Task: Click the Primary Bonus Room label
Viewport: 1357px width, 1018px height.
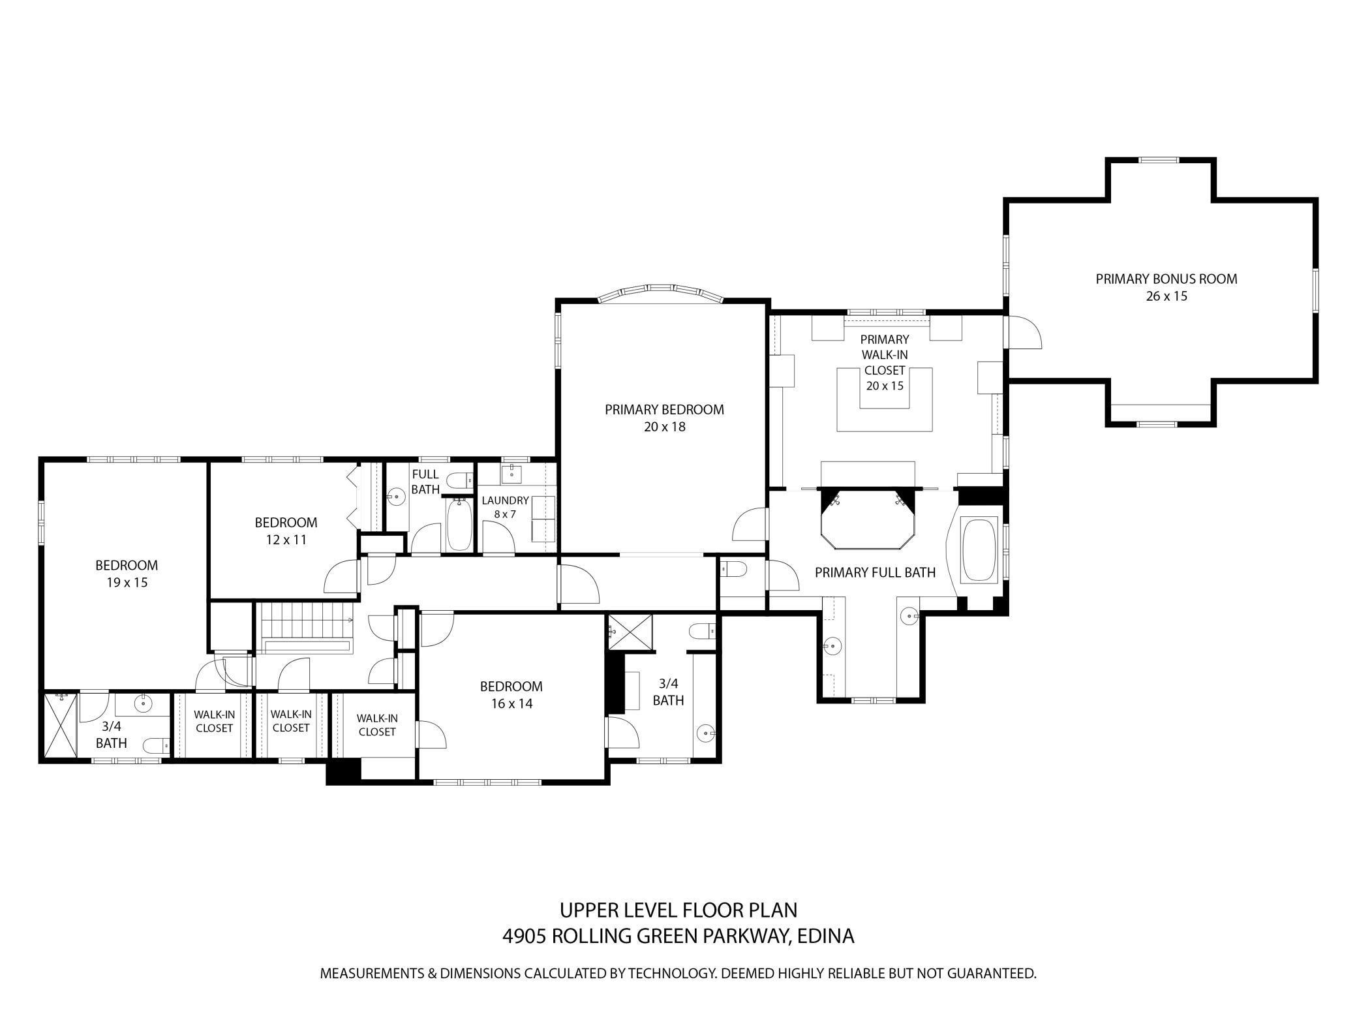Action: coord(1166,279)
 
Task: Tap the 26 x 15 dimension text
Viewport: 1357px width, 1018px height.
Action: coord(1166,296)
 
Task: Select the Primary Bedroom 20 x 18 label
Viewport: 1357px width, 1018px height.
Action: coord(663,418)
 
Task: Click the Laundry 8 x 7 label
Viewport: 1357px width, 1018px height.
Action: coord(505,507)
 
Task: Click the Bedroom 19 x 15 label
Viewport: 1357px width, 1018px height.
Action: coord(127,574)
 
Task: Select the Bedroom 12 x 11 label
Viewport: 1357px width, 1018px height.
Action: coord(286,531)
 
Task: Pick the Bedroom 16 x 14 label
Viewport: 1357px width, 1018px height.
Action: coord(511,695)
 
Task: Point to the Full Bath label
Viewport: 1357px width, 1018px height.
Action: coord(425,482)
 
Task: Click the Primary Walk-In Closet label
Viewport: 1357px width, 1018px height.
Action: coord(884,362)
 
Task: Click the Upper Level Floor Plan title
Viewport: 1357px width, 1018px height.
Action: coord(678,909)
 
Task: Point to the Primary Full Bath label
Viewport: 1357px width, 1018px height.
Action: coord(875,572)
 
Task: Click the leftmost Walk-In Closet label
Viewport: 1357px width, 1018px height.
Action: coord(214,721)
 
